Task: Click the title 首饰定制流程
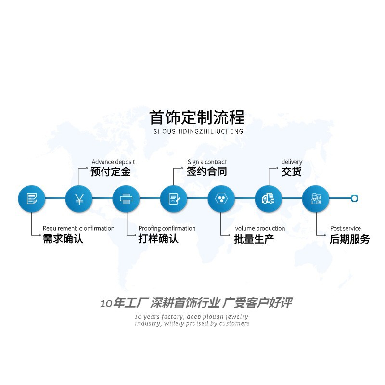pyautogui.click(x=197, y=117)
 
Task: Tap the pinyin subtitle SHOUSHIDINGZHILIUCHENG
pyautogui.click(x=198, y=131)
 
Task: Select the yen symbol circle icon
pyautogui.click(x=79, y=198)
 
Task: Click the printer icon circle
pyautogui.click(x=126, y=198)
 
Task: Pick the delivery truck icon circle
pyautogui.click(x=268, y=198)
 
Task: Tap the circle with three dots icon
pyautogui.click(x=221, y=198)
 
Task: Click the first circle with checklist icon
pyautogui.click(x=32, y=198)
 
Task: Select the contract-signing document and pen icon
pyautogui.click(x=174, y=198)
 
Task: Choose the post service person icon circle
pyautogui.click(x=316, y=198)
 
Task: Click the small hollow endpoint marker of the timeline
pyautogui.click(x=355, y=198)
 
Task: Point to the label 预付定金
pyautogui.click(x=111, y=172)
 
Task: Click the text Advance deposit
pyautogui.click(x=113, y=162)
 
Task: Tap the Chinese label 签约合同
pyautogui.click(x=207, y=171)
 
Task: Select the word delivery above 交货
pyautogui.click(x=292, y=162)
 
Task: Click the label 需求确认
pyautogui.click(x=63, y=239)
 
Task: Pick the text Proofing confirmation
pyautogui.click(x=167, y=228)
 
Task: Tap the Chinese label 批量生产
pyautogui.click(x=254, y=239)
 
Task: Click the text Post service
pyautogui.click(x=345, y=228)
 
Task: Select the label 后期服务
pyautogui.click(x=350, y=239)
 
